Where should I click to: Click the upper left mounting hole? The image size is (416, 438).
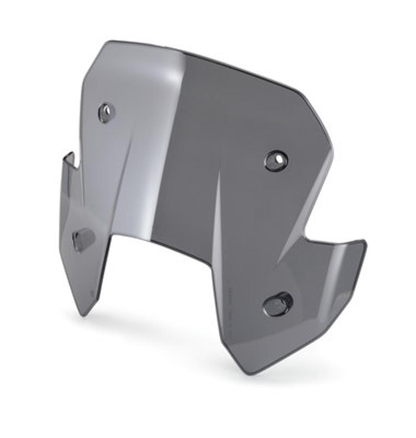coord(106,112)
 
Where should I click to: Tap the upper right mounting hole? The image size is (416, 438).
coord(276,160)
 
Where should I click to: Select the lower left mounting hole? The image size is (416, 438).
coord(84,240)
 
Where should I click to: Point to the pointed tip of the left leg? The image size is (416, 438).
coord(85,315)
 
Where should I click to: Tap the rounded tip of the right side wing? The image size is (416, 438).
coord(363,243)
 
